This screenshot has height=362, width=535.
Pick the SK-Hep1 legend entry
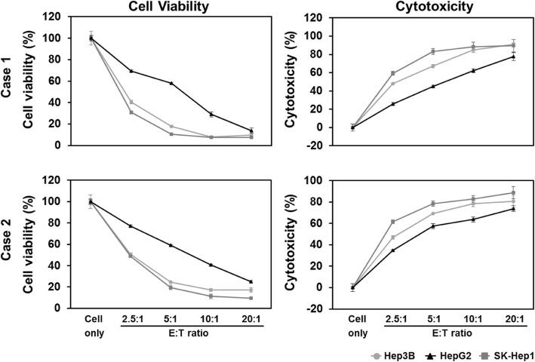(x=500, y=352)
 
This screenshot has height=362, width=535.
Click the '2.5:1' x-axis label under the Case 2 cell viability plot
(x=132, y=319)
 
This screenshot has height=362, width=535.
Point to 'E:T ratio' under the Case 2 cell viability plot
(x=192, y=332)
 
